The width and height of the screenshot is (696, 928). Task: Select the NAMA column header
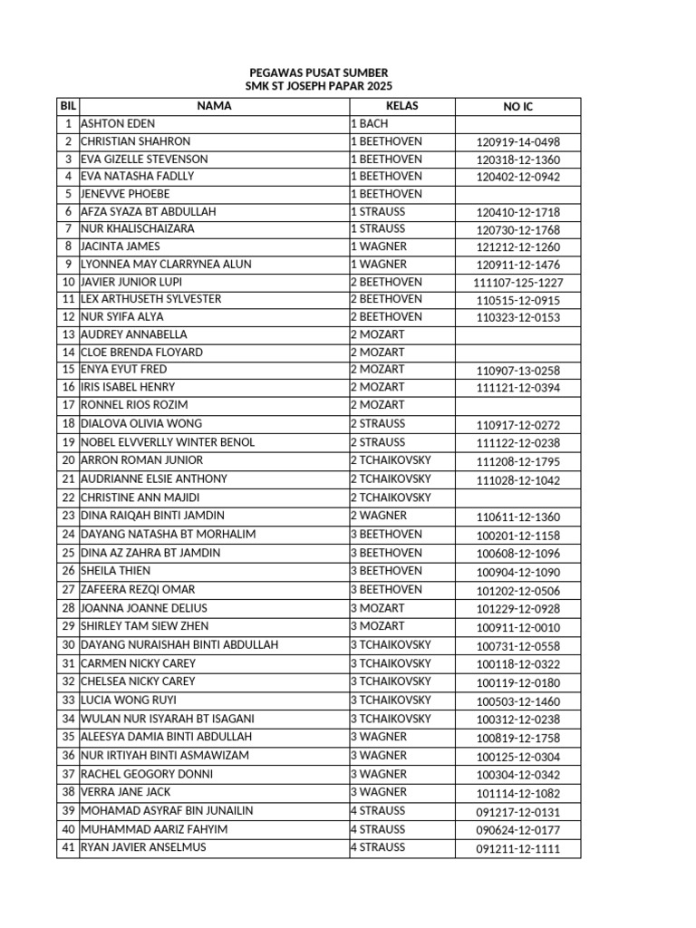pyautogui.click(x=214, y=106)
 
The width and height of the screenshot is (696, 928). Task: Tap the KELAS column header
pyautogui.click(x=401, y=106)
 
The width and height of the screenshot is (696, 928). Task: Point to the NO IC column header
pyautogui.click(x=518, y=107)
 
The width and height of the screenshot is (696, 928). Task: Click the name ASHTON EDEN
pyautogui.click(x=118, y=123)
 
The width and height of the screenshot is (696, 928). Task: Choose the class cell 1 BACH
pyautogui.click(x=369, y=123)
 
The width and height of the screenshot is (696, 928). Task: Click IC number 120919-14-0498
pyautogui.click(x=518, y=142)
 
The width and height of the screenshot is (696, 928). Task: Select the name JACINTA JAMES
pyautogui.click(x=120, y=246)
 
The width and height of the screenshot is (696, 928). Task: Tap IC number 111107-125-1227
pyautogui.click(x=518, y=283)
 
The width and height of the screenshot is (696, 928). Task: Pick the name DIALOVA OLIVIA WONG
pyautogui.click(x=141, y=423)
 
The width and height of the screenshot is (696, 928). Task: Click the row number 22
pyautogui.click(x=68, y=498)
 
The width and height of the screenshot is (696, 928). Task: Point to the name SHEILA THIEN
pyautogui.click(x=116, y=571)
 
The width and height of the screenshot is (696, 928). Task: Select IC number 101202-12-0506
pyautogui.click(x=518, y=591)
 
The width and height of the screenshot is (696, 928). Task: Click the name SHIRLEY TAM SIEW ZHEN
pyautogui.click(x=144, y=626)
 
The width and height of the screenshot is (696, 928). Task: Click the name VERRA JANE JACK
pyautogui.click(x=125, y=792)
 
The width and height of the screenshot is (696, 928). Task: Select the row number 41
pyautogui.click(x=68, y=847)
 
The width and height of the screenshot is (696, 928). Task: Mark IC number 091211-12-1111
pyautogui.click(x=518, y=849)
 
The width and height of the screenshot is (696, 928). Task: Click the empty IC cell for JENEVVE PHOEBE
pyautogui.click(x=518, y=194)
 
